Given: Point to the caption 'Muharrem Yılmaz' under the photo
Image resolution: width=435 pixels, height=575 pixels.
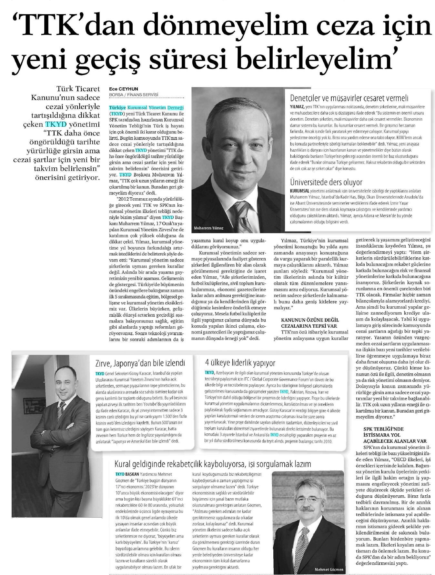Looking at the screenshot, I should [208, 228].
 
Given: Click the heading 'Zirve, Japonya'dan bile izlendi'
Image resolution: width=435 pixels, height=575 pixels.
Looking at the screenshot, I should [140, 363].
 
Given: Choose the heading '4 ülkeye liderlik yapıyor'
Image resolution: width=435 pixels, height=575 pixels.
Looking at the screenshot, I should [240, 363].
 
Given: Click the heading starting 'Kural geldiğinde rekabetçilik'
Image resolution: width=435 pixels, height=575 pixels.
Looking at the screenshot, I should [213, 464].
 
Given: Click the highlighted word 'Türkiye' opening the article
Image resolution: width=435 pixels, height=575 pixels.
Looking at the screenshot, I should [117, 107].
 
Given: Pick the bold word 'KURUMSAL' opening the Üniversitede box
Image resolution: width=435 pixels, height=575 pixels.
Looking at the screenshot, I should [299, 191].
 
